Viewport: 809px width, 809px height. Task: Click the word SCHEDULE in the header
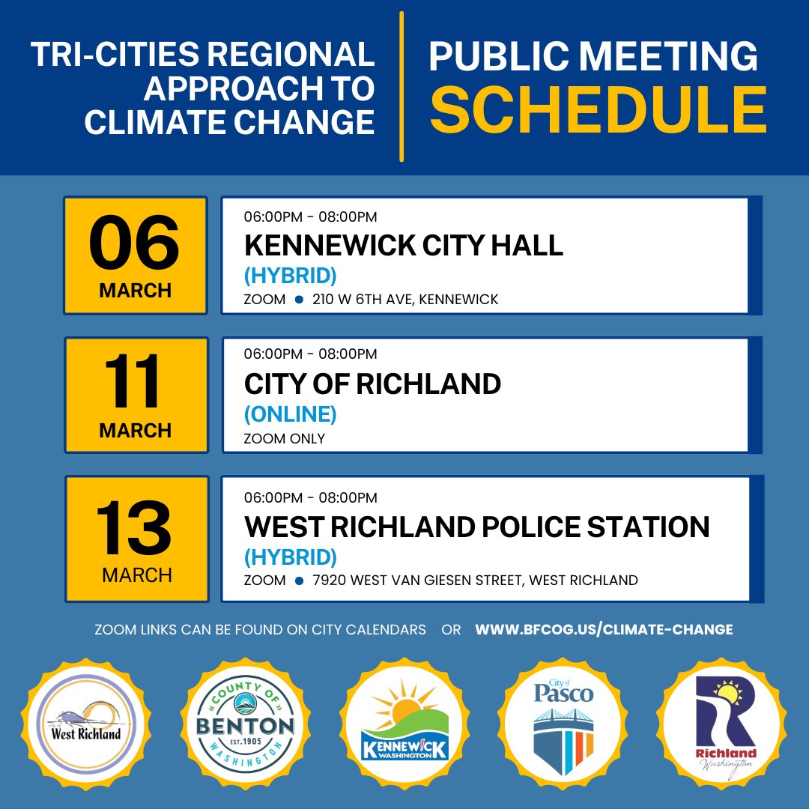(x=598, y=110)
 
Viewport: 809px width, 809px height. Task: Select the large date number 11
(x=135, y=382)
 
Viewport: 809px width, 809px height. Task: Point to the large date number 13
(x=135, y=527)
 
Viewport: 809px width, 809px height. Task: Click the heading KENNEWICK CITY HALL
(x=403, y=246)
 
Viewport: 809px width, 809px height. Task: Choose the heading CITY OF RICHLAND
(x=372, y=384)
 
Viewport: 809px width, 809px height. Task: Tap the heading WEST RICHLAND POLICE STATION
(x=476, y=527)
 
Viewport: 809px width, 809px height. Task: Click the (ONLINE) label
(x=290, y=413)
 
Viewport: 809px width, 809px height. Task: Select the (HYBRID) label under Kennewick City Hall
(x=290, y=276)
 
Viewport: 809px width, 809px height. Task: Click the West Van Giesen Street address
(x=476, y=581)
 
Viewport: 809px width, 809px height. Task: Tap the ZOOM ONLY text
(x=285, y=438)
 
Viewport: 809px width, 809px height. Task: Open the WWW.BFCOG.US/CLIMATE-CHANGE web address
(x=604, y=630)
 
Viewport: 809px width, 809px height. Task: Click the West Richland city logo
(x=85, y=724)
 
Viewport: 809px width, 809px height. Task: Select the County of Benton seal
(x=245, y=724)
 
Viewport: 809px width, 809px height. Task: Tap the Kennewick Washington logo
(x=404, y=724)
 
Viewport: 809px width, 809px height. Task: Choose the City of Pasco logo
(x=563, y=724)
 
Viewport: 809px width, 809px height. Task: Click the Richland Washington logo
(x=724, y=724)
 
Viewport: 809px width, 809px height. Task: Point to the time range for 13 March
(x=310, y=498)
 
